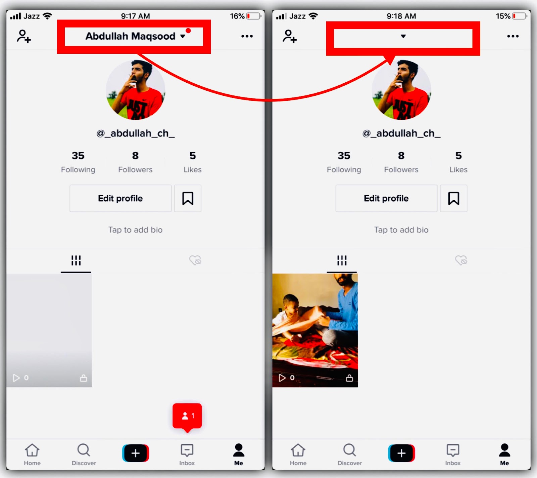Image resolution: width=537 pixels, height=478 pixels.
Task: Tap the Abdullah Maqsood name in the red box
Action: (x=130, y=36)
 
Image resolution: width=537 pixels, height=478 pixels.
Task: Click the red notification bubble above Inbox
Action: (x=187, y=417)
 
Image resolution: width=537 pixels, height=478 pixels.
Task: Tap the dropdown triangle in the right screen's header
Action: (x=403, y=36)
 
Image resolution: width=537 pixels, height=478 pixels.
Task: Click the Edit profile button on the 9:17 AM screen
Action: (x=120, y=198)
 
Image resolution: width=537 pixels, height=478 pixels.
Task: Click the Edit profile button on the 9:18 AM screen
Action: (x=386, y=198)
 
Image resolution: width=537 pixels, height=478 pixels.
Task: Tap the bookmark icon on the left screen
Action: (x=188, y=198)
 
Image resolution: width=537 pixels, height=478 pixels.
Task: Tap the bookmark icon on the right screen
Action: (x=453, y=198)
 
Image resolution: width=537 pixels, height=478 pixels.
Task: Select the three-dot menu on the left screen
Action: (x=247, y=36)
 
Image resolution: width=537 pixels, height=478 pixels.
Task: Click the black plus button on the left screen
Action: (x=136, y=453)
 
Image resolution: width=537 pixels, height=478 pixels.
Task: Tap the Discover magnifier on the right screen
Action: (x=349, y=450)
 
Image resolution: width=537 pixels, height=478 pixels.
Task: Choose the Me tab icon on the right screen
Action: (x=504, y=450)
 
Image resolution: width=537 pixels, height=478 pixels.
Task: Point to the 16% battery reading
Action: (x=237, y=16)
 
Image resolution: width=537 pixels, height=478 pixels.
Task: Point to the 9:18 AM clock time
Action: (x=401, y=16)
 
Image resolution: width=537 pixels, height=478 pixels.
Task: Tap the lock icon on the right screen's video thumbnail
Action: (x=349, y=378)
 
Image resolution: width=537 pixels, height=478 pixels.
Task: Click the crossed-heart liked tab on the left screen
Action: (x=195, y=260)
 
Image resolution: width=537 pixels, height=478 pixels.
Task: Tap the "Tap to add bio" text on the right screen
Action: (x=401, y=230)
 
